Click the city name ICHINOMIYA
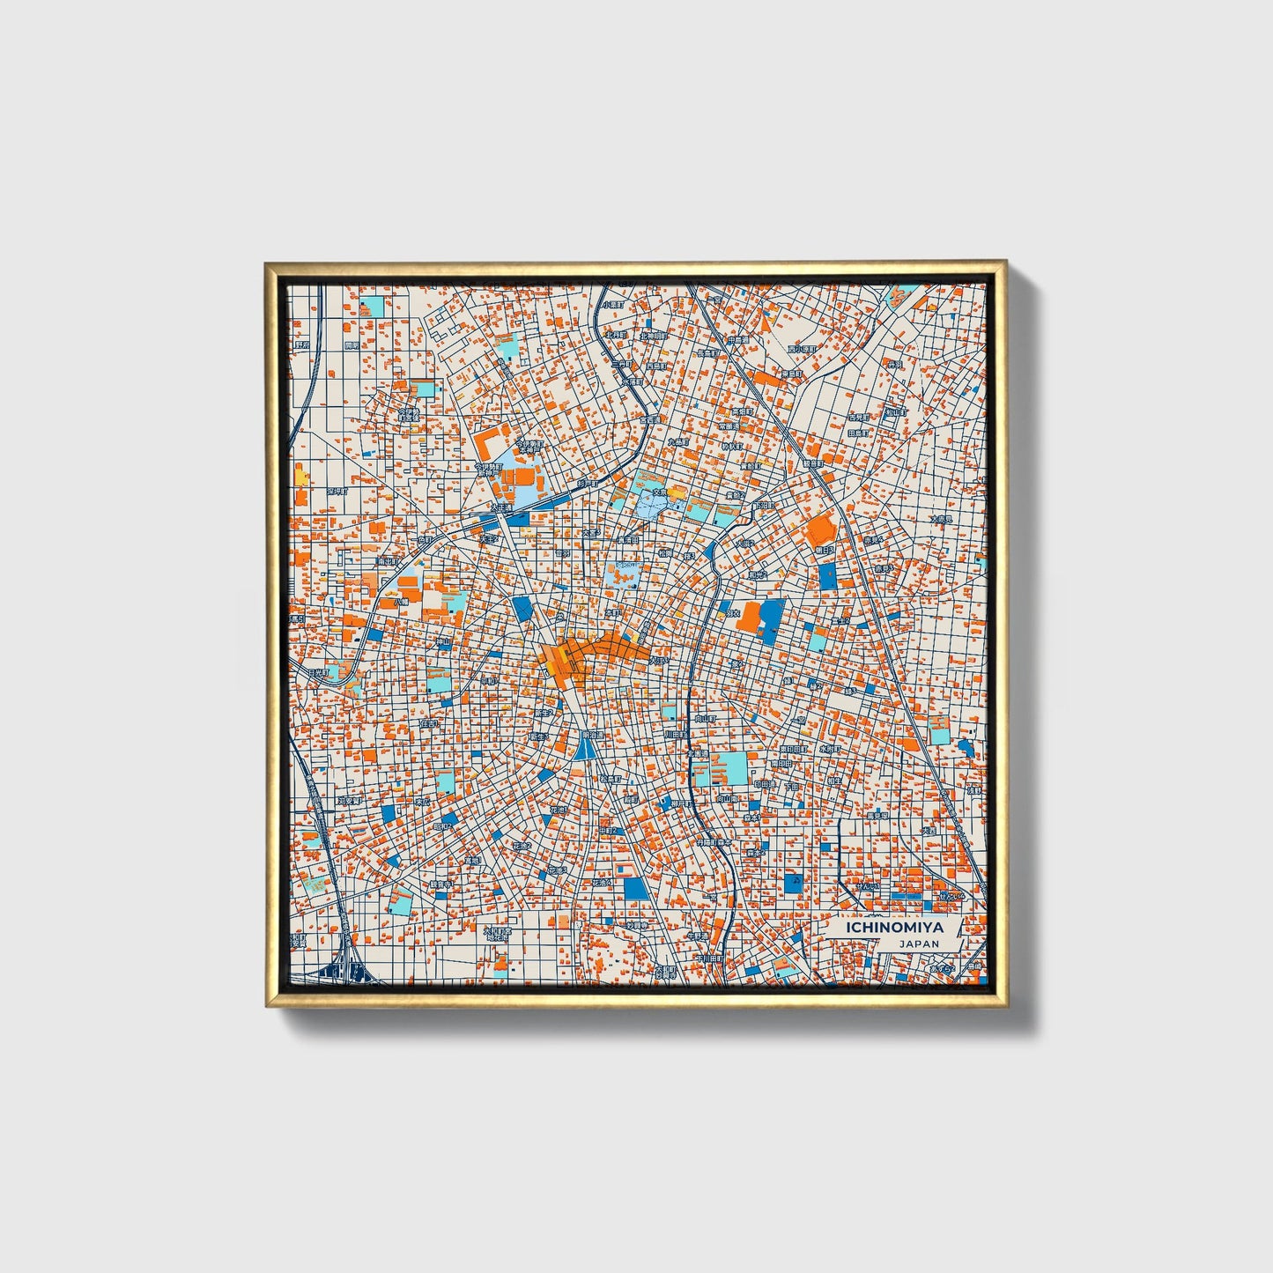893,928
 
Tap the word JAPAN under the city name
918,944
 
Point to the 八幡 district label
401,602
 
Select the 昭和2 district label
443,826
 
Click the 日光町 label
318,672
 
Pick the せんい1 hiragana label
951,895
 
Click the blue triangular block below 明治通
585,750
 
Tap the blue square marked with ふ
794,883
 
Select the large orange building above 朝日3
821,529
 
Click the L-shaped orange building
486,438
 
